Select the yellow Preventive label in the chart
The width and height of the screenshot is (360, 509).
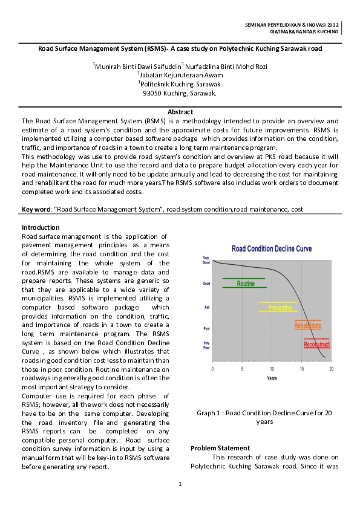pyautogui.click(x=280, y=308)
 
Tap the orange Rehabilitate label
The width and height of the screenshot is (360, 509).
pyautogui.click(x=307, y=326)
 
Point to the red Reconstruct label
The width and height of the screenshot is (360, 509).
pyautogui.click(x=316, y=345)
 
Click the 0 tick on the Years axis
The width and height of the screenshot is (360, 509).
pyautogui.click(x=212, y=368)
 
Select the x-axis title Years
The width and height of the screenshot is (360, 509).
pyautogui.click(x=272, y=378)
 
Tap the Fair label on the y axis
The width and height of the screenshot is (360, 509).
pyautogui.click(x=206, y=307)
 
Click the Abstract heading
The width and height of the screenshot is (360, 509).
pyautogui.click(x=180, y=112)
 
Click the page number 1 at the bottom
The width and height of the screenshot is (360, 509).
pyautogui.click(x=180, y=484)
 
